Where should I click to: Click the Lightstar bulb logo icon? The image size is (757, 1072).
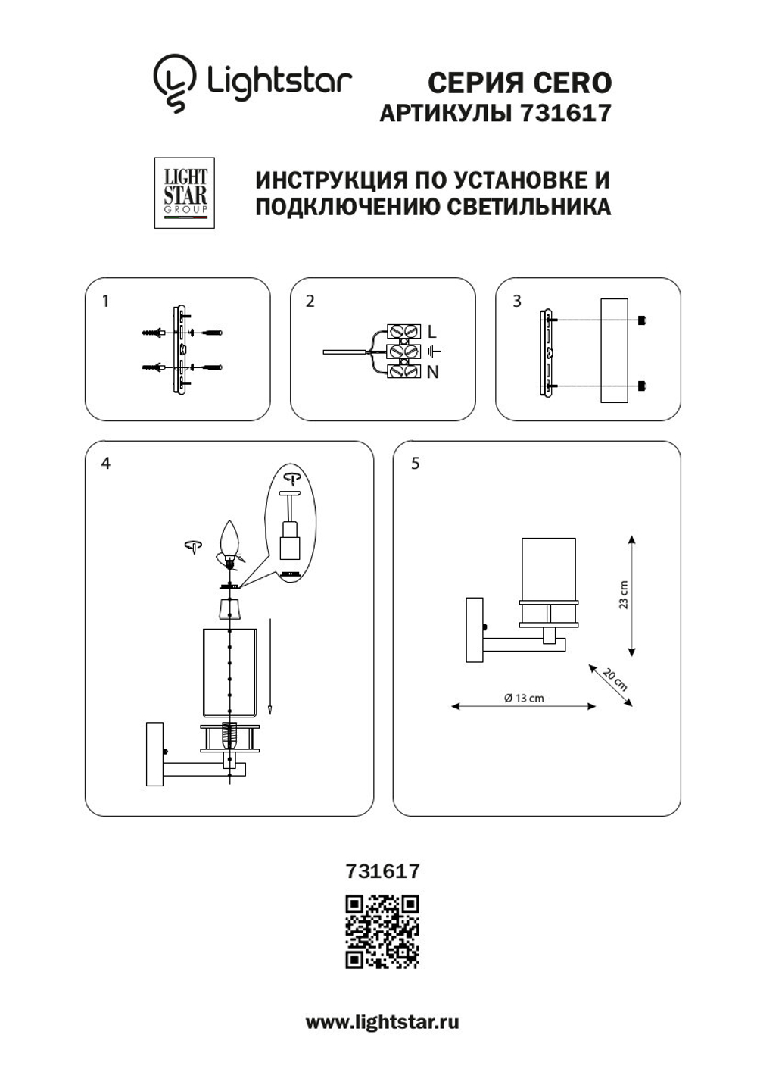(x=174, y=82)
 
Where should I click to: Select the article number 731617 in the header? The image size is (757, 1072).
(x=565, y=113)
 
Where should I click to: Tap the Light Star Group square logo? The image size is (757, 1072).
(x=185, y=192)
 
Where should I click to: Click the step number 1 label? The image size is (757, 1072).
(x=105, y=301)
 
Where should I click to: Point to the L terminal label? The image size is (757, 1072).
(x=431, y=332)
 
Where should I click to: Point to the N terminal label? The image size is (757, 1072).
(x=432, y=372)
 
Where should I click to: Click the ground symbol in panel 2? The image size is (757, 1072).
(x=433, y=352)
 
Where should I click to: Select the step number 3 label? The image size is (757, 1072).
(x=517, y=301)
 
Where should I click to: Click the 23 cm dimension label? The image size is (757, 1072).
(x=623, y=595)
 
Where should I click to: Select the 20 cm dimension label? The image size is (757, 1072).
(x=615, y=680)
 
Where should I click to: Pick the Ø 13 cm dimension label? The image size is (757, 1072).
(x=524, y=698)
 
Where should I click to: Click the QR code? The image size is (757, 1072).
(x=382, y=932)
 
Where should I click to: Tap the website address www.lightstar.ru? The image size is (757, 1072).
(x=382, y=1022)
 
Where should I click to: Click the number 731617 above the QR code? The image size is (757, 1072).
(x=382, y=871)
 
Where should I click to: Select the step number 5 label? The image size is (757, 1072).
(x=415, y=463)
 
